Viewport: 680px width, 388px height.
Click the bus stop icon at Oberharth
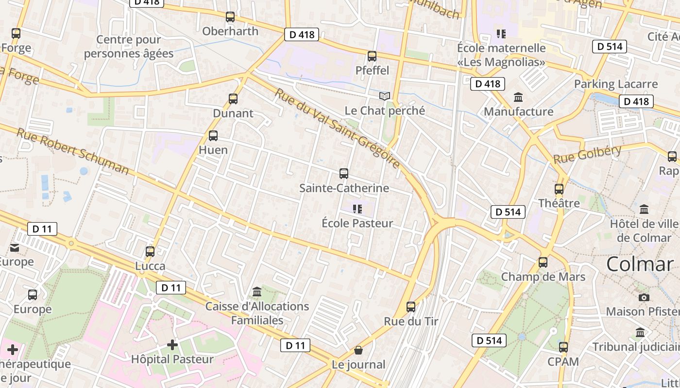click(230, 17)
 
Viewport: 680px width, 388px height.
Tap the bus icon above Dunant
click(233, 99)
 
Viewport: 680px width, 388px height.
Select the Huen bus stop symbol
click(213, 136)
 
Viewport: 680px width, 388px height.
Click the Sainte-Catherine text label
click(344, 188)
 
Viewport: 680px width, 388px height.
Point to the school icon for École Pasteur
click(357, 209)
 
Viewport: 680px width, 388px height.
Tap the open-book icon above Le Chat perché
click(385, 96)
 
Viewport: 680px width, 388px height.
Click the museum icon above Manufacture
click(518, 97)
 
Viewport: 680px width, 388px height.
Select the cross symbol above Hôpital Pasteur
click(172, 345)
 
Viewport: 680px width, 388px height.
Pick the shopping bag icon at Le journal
click(358, 350)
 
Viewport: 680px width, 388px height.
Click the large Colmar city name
click(640, 264)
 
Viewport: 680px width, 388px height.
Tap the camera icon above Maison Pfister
click(644, 297)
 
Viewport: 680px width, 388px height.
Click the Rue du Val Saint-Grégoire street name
click(338, 129)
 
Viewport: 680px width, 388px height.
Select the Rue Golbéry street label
click(587, 154)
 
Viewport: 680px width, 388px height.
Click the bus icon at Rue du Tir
click(411, 307)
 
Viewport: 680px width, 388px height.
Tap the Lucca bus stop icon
click(150, 251)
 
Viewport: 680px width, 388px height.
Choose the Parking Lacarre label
click(616, 84)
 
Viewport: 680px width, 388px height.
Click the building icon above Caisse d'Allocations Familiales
click(257, 292)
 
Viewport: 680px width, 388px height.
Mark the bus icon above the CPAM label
click(563, 347)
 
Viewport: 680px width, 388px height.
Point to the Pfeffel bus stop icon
click(372, 56)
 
